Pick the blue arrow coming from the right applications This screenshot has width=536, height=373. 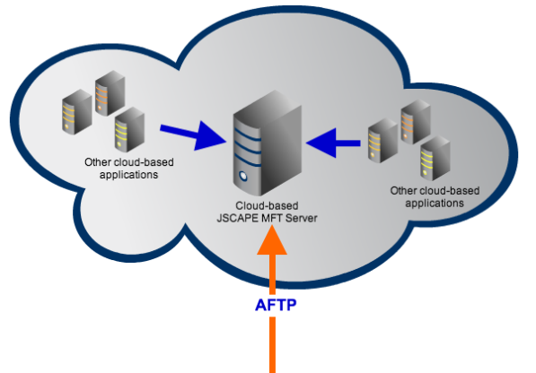(333, 141)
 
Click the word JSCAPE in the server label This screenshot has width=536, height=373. (240, 219)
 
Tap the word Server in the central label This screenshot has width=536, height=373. (303, 219)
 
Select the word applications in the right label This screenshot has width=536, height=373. (435, 203)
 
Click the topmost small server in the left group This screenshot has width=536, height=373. (105, 96)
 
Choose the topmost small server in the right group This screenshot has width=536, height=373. (413, 123)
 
